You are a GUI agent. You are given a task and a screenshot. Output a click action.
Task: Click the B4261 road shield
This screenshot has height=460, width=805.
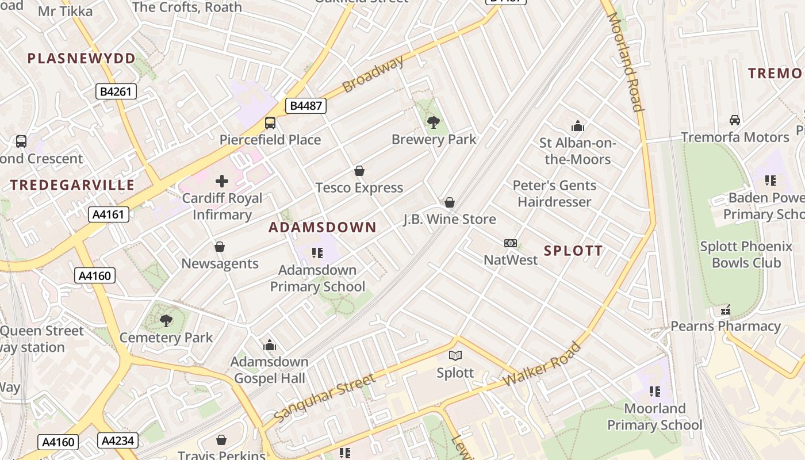tap(116, 91)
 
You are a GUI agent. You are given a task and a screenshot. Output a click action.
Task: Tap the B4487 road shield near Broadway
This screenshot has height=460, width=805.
tap(306, 106)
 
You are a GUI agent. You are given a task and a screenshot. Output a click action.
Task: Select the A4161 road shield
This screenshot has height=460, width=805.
tap(109, 215)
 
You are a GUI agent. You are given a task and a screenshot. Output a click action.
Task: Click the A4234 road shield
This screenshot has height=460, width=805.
tap(118, 441)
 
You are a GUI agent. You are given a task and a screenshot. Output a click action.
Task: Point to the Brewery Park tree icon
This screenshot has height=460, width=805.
tap(434, 122)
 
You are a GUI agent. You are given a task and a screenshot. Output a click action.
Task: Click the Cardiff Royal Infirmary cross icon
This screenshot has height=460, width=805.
tap(222, 182)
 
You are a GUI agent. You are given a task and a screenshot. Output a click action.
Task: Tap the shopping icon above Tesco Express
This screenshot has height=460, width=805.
tap(359, 171)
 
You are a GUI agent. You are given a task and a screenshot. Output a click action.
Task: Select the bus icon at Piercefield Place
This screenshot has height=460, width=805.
tap(270, 122)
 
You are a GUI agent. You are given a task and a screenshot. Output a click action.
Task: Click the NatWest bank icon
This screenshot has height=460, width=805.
tap(510, 243)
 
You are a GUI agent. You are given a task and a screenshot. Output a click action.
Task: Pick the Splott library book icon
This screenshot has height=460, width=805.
tap(455, 356)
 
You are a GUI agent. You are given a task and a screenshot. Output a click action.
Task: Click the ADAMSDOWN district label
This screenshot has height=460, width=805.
tap(323, 227)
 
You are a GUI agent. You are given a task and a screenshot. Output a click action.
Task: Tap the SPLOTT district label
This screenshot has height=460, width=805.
tap(573, 251)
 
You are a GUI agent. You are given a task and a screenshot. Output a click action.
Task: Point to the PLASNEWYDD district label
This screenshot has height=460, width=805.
tap(81, 58)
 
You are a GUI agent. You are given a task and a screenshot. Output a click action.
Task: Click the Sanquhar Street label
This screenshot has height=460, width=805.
tap(324, 397)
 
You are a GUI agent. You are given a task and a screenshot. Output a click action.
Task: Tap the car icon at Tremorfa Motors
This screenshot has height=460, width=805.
tap(734, 120)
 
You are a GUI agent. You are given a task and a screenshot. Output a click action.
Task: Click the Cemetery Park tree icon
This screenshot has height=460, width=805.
tap(166, 320)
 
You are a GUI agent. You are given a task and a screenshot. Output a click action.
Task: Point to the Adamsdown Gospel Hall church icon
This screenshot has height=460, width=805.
tap(269, 346)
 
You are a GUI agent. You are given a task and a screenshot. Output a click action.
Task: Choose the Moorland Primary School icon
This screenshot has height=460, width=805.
tap(654, 392)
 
